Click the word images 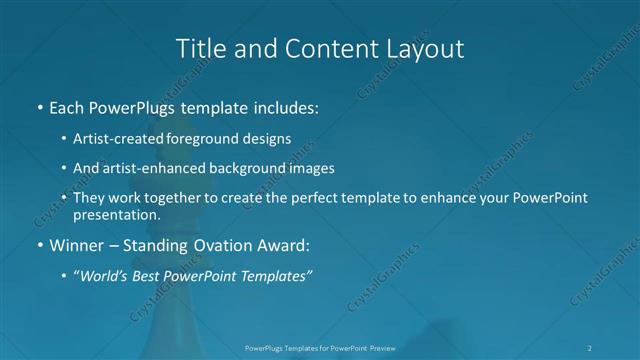pos(334,169)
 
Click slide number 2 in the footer pos(590,348)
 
